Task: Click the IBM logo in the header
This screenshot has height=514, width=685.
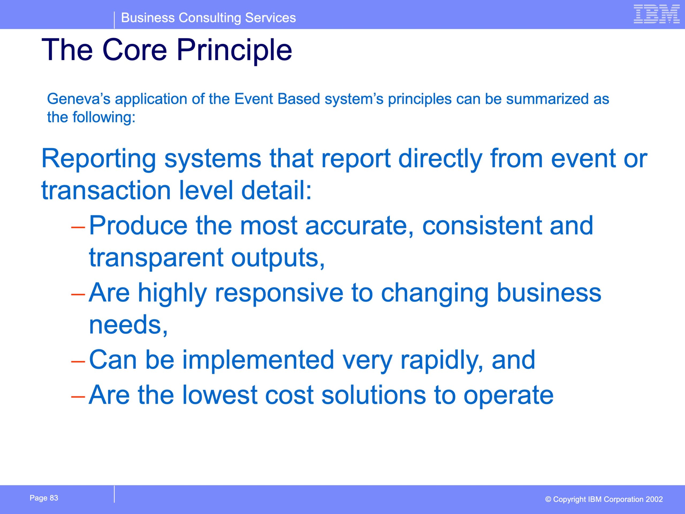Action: (657, 14)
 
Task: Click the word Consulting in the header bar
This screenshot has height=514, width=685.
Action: (210, 18)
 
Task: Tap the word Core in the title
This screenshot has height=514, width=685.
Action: (135, 50)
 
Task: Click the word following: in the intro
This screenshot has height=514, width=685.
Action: (104, 118)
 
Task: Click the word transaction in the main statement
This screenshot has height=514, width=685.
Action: (106, 190)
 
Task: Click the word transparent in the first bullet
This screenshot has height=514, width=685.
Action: (156, 258)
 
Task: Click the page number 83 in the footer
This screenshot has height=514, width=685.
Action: (54, 498)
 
